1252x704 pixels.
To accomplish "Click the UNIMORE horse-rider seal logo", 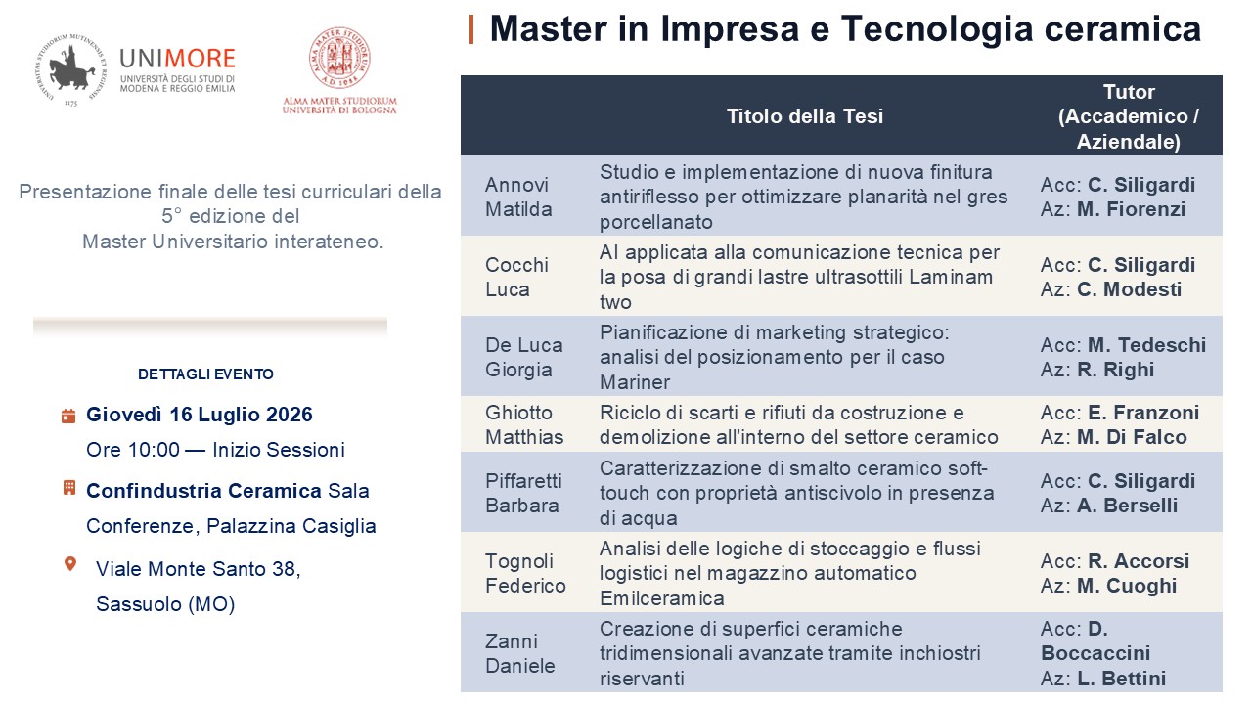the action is (70, 69).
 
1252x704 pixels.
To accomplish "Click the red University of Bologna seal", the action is (339, 58).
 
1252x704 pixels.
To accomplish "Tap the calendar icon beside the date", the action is (68, 416).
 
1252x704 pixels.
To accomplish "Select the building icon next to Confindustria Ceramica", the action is (68, 488).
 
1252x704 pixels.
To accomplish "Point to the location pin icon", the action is (69, 564).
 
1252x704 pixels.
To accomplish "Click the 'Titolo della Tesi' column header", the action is (805, 116).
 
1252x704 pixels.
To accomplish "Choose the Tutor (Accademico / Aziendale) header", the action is (1129, 116).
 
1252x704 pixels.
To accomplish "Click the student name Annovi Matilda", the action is (518, 197).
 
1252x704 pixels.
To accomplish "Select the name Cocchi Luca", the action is (516, 277).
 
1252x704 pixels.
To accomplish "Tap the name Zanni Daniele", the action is (519, 653).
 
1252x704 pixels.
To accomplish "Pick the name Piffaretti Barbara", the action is (523, 493).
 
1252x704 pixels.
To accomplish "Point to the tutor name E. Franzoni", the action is (1143, 413).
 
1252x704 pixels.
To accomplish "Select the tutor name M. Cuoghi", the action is (1127, 586).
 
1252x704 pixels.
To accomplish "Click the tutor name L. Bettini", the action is (1121, 679).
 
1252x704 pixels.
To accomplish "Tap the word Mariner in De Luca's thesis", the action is (635, 382).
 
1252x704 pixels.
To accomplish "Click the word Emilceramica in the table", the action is (662, 598).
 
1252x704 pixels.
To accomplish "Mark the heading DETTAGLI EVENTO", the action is (205, 374).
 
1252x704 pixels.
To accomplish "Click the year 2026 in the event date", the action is (289, 415).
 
